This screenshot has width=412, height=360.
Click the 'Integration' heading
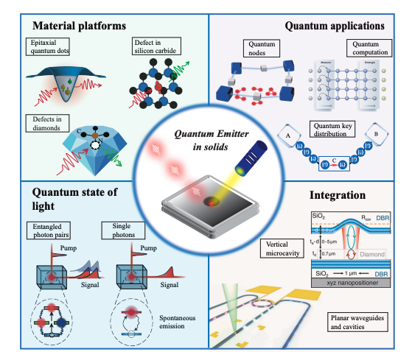(x=338, y=197)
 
